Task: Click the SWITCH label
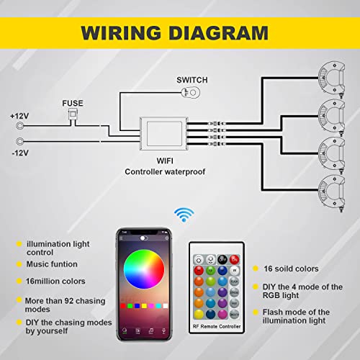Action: click(x=192, y=79)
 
